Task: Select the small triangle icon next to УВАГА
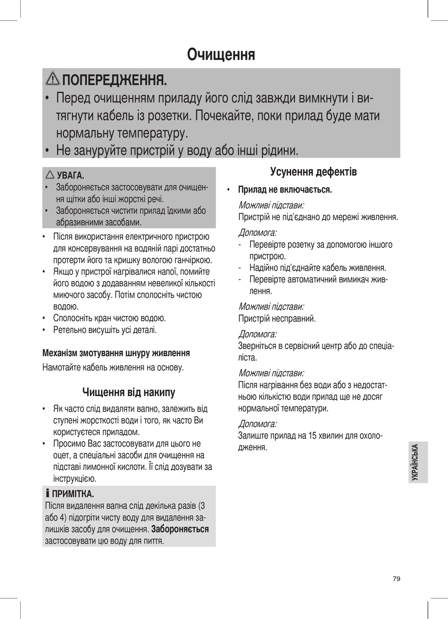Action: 50,175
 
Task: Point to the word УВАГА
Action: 70,176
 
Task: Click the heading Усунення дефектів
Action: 313,172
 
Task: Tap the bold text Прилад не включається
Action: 285,190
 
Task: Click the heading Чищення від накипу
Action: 129,392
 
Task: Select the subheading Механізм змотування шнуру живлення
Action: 116,352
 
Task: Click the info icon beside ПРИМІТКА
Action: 47,494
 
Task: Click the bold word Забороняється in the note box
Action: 180,529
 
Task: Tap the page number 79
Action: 396,578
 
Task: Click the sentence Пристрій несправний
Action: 277,318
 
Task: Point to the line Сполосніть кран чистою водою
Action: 109,318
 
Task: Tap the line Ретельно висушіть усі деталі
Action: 105,330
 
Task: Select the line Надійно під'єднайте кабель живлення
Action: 317,268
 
